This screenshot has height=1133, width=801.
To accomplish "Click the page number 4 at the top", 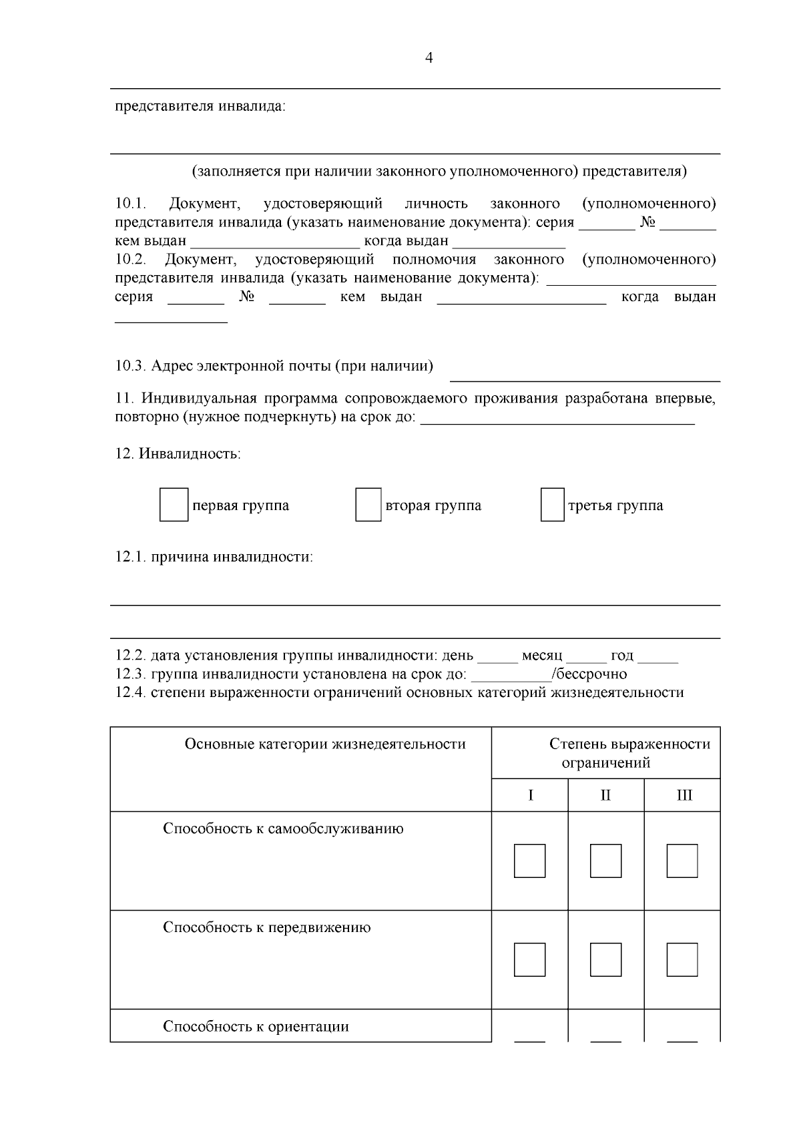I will [429, 58].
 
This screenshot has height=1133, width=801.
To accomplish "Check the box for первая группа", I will [174, 505].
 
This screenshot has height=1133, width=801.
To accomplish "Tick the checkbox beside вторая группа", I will [368, 505].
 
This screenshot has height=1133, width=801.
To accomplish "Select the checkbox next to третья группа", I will [552, 505].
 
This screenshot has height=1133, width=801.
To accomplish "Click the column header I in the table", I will [530, 795].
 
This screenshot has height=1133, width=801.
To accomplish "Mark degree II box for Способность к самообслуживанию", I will [605, 861].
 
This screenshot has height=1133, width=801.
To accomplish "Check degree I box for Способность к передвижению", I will [530, 959].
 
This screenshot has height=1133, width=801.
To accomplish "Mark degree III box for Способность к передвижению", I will [682, 959].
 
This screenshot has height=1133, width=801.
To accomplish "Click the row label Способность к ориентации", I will [256, 1026].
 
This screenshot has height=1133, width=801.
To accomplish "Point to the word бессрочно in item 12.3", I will [591, 674].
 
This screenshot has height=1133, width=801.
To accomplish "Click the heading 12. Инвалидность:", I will [178, 454].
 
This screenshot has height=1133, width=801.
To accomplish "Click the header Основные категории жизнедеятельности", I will [325, 744].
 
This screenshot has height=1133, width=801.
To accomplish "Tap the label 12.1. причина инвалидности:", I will [214, 557].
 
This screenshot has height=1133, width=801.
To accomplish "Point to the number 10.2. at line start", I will [130, 259].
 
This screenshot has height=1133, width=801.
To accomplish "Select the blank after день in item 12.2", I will [498, 657].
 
